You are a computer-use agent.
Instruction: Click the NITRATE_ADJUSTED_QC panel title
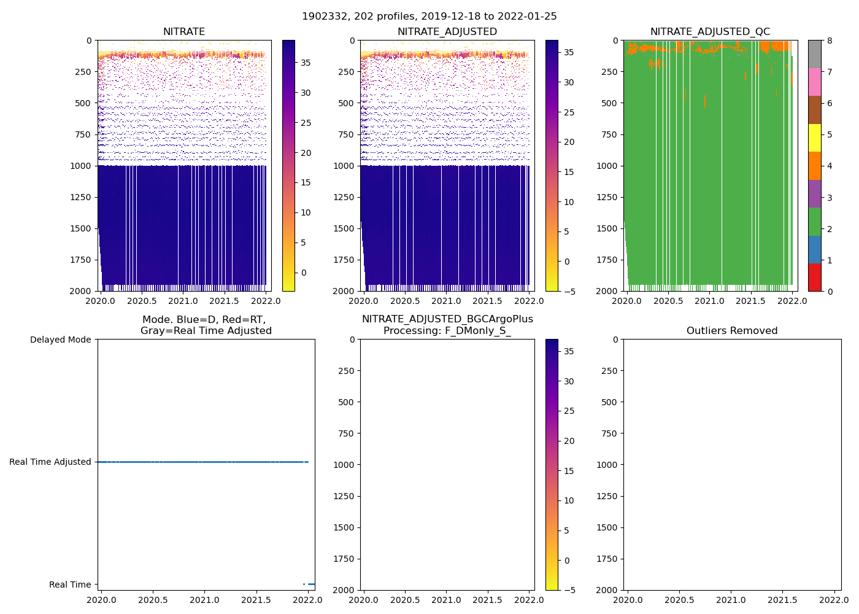coord(710,32)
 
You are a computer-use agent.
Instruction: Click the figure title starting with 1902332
coord(429,17)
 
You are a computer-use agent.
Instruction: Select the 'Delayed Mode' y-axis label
coord(60,340)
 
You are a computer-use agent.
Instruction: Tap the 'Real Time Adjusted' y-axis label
coord(50,462)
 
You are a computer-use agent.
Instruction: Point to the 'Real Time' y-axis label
coord(70,585)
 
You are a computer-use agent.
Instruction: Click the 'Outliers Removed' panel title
coord(732,331)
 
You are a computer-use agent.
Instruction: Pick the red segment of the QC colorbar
coord(814,277)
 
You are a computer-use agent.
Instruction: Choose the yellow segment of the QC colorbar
coord(814,138)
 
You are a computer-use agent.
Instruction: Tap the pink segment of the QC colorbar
coord(814,82)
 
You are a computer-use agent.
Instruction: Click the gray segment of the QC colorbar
coord(814,54)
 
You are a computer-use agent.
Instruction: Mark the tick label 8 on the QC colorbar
coord(830,41)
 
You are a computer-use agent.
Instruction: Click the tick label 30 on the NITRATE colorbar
coord(305,93)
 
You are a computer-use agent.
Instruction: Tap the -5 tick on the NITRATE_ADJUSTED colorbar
coord(569,291)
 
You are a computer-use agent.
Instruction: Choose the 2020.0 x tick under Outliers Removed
coord(628,599)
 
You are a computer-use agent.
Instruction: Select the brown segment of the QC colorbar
coord(814,110)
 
